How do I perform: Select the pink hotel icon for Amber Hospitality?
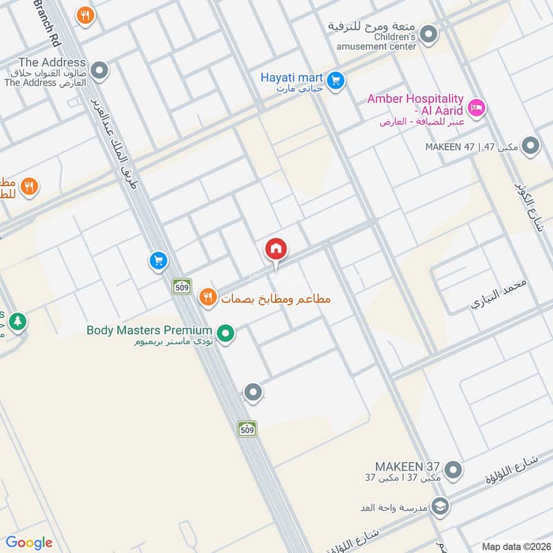click(476, 107)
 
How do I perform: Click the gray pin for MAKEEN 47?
click(530, 146)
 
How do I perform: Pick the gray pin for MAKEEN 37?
click(453, 471)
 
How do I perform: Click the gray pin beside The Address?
click(100, 70)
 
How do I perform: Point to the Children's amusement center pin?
click(429, 33)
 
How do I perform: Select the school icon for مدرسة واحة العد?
click(440, 507)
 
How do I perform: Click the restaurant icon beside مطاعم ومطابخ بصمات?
click(207, 298)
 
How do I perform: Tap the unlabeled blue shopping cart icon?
click(158, 261)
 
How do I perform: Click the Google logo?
click(29, 543)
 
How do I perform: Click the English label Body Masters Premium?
click(149, 330)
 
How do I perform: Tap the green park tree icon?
click(17, 321)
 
